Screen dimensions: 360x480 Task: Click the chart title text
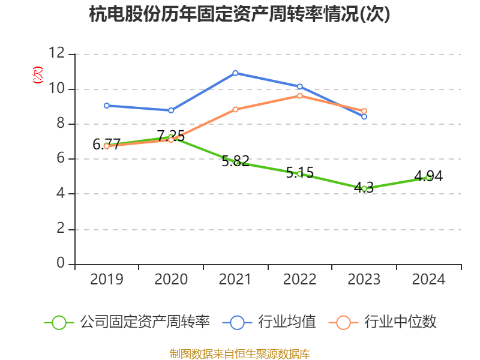[239, 14]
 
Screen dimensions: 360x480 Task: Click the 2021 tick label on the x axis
[235, 279]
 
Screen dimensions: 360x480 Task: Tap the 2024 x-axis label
[428, 279]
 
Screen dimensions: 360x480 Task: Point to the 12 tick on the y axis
[57, 54]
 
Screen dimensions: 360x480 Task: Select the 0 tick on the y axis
[61, 264]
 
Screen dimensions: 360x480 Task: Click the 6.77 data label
[106, 145]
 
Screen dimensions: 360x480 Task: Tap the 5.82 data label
[235, 161]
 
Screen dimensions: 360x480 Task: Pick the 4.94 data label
[428, 176]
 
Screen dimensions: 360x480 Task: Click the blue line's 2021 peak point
[235, 73]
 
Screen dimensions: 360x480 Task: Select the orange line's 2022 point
[299, 95]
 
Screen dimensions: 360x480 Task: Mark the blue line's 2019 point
[107, 106]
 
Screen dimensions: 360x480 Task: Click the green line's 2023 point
[364, 188]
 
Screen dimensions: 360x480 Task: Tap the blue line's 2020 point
[171, 110]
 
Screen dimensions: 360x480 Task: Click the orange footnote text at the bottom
[239, 353]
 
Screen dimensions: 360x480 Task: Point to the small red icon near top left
[38, 75]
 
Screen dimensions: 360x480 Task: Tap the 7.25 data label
[171, 136]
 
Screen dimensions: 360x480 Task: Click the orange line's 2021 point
[235, 109]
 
